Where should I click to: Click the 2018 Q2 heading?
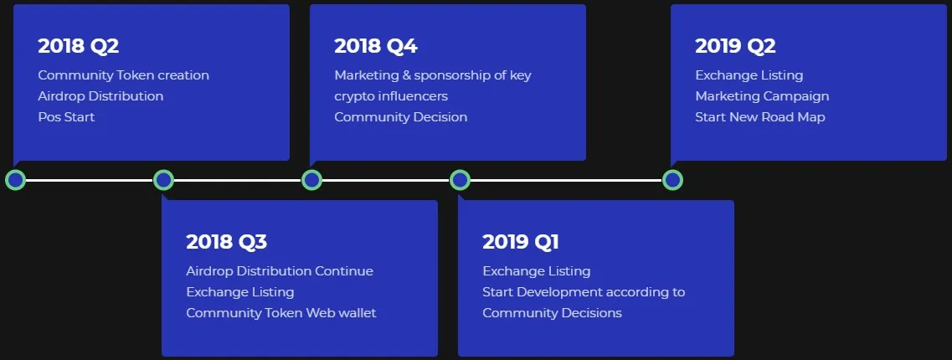tap(79, 46)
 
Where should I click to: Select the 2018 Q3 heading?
tap(226, 242)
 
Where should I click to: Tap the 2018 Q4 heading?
tap(376, 46)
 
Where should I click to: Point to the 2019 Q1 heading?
tap(520, 242)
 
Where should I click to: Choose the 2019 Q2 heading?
tap(735, 46)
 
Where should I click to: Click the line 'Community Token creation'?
tap(123, 75)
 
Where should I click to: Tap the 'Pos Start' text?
tap(66, 116)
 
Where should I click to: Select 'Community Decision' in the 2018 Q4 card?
tap(401, 116)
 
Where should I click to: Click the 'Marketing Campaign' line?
tap(762, 96)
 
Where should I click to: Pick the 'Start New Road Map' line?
tap(760, 116)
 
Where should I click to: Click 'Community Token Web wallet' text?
tap(281, 312)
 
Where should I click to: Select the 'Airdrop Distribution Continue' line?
tap(280, 270)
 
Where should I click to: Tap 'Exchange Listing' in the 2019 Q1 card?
tap(536, 270)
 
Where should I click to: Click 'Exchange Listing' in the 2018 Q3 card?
tap(239, 292)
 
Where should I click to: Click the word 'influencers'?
tap(409, 96)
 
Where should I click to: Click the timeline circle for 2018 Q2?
tap(15, 180)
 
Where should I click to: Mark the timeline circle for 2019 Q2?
tap(672, 180)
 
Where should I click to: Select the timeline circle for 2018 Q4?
tap(311, 180)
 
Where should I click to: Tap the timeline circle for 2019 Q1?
tap(460, 180)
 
